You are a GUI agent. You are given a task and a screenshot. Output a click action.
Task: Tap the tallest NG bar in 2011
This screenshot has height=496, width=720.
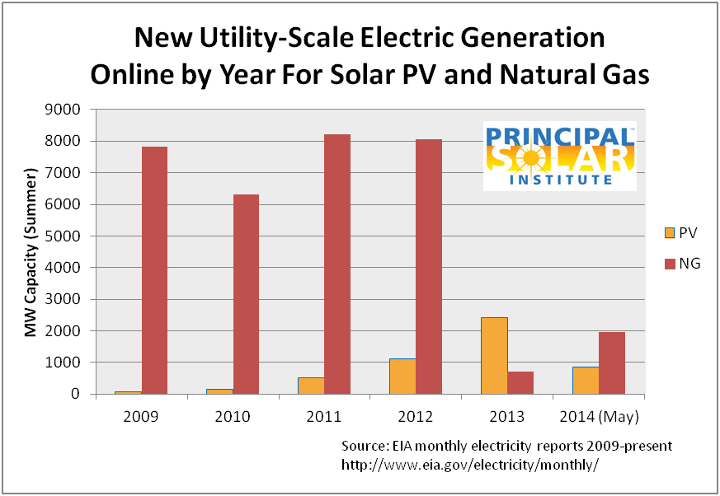pyautogui.click(x=336, y=264)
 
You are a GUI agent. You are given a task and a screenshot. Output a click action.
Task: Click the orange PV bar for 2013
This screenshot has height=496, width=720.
pyautogui.click(x=493, y=355)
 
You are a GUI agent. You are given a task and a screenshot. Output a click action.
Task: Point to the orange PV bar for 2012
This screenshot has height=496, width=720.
pyautogui.click(x=402, y=376)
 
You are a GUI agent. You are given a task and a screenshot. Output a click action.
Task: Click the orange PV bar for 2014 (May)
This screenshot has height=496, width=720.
pyautogui.click(x=585, y=380)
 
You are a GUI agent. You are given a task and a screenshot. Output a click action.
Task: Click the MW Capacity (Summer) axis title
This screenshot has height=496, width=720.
pyautogui.click(x=31, y=252)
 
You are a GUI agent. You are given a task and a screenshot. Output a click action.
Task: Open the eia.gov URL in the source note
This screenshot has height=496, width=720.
pyautogui.click(x=469, y=465)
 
